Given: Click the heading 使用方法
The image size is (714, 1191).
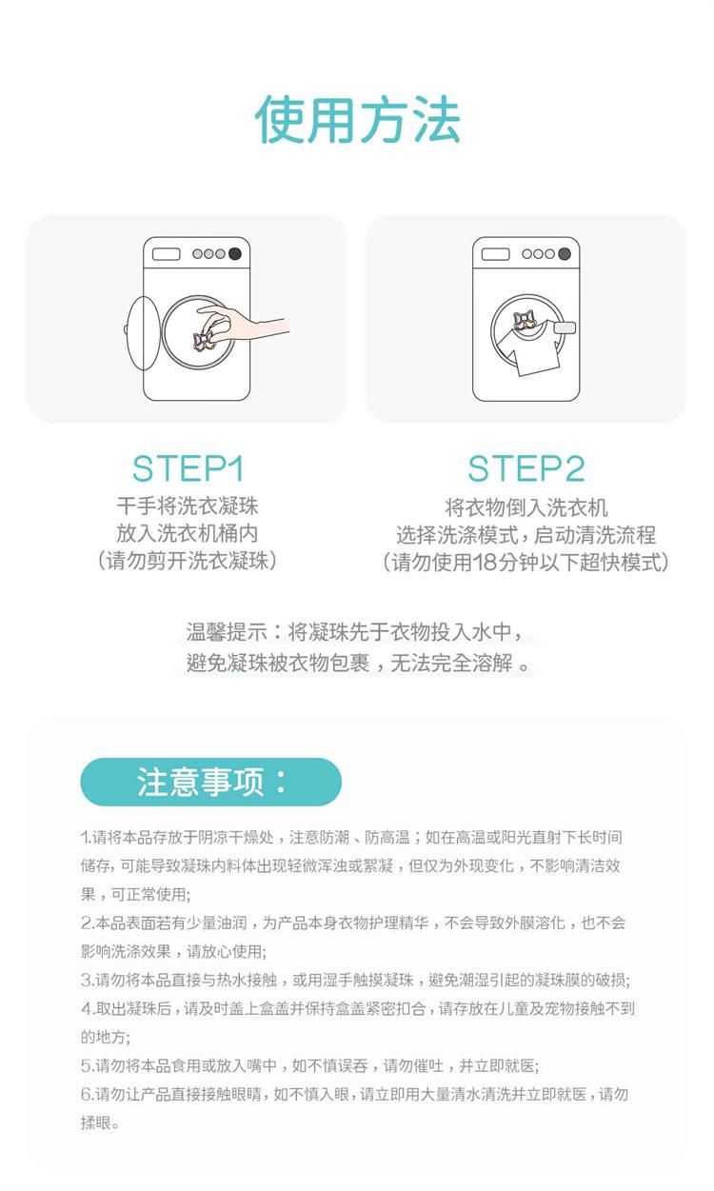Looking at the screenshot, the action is pos(357,120).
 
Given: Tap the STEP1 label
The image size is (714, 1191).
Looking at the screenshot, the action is pos(188,468).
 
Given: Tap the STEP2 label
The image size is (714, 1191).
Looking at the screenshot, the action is pos(526,468).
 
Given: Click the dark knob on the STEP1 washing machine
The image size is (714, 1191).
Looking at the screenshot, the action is pos(235,253).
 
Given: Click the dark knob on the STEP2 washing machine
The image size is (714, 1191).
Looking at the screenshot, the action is pos(565,253).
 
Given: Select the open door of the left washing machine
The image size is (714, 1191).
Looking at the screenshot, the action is pos(143,332).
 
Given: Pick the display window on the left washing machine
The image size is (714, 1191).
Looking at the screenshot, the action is pos(166,254).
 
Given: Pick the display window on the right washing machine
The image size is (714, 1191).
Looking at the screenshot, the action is pos(495,254).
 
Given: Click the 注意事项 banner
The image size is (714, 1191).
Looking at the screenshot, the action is pos(211,782).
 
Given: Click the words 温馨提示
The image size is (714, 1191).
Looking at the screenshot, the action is pos(227,631).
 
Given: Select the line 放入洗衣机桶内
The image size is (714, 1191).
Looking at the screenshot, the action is pos(188,533).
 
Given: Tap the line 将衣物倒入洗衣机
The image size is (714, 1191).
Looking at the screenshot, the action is pos(526,507).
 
